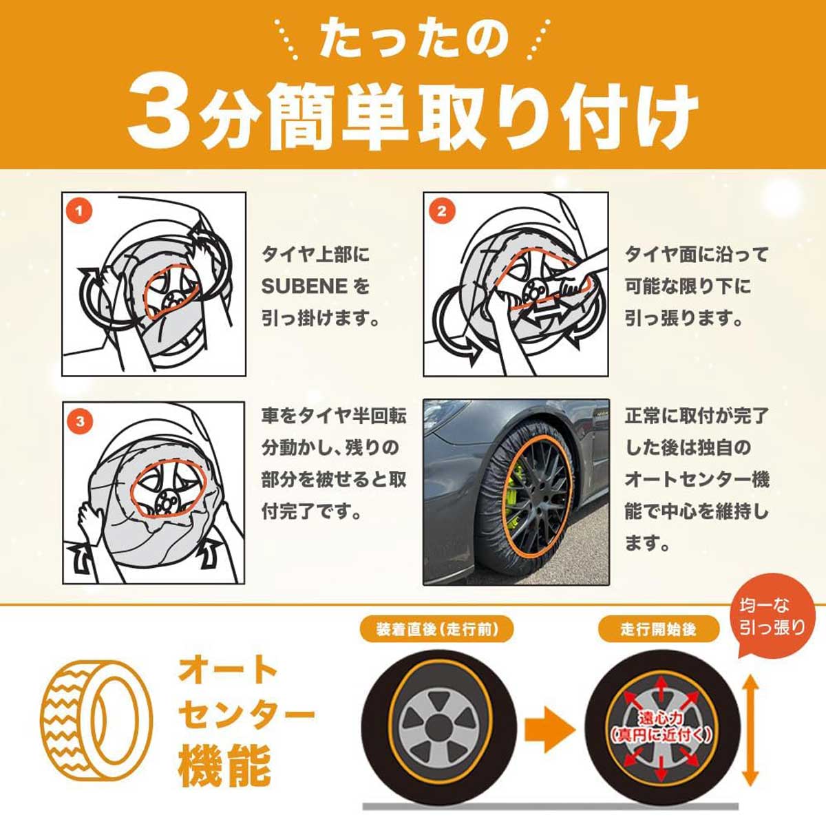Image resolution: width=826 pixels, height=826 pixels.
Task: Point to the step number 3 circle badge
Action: coord(80,421)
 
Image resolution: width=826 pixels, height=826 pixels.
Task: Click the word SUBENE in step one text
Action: coord(305,286)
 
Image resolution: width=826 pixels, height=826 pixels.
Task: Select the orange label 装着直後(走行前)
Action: coord(437,630)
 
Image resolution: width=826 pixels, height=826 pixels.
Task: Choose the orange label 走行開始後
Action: coord(659,630)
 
